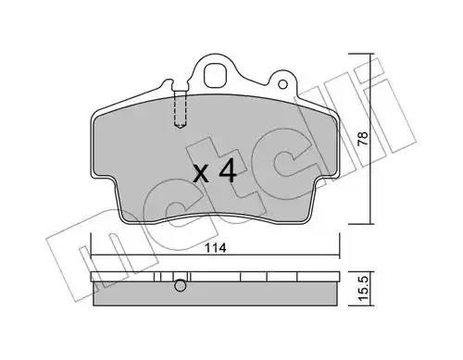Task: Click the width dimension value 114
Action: coord(216,248)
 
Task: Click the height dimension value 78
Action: coord(363,139)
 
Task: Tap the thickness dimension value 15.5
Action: coord(364,289)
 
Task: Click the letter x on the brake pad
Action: coord(202,175)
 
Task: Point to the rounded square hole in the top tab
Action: coord(215,76)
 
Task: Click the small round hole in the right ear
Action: coord(282,84)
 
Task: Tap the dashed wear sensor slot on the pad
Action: coord(181,108)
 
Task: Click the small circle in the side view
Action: coord(181,286)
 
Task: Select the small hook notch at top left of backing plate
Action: coord(169,82)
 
